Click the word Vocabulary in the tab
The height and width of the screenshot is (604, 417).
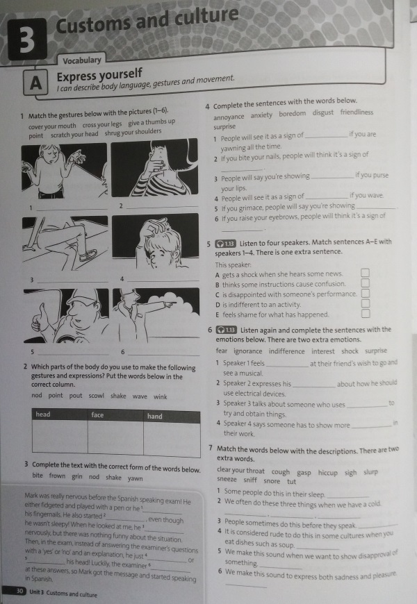click(x=82, y=60)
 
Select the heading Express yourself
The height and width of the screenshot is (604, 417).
click(x=99, y=74)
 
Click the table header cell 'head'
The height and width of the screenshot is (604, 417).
click(x=43, y=414)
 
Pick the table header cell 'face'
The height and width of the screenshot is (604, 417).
click(x=98, y=415)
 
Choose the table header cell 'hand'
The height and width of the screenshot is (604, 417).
click(x=155, y=416)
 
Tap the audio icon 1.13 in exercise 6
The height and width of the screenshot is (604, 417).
click(x=227, y=330)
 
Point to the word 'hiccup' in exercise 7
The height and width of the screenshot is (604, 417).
click(x=328, y=472)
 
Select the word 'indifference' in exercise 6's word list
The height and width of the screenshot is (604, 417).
click(x=288, y=351)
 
